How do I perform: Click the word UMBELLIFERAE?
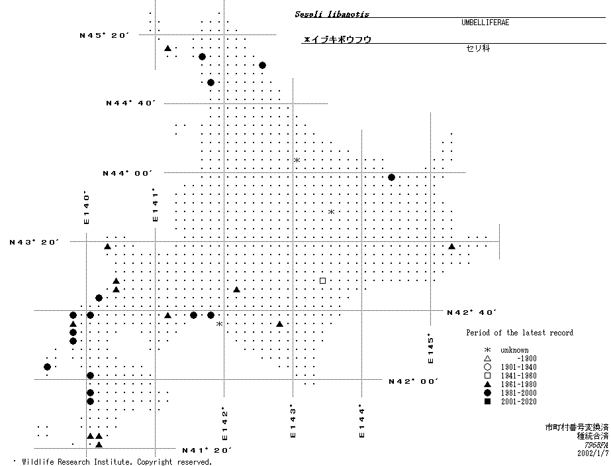tap(485, 23)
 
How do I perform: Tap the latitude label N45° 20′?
tap(104, 35)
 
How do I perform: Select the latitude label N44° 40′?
tap(131, 103)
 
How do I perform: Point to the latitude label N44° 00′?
tap(127, 173)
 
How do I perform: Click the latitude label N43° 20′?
tap(34, 242)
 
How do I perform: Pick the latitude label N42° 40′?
tap(471, 312)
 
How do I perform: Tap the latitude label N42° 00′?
tap(413, 381)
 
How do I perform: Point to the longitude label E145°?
tap(430, 349)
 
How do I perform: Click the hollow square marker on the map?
tap(322, 280)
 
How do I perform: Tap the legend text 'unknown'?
tap(514, 350)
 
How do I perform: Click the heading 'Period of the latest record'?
tap(519, 333)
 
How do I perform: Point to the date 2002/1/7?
tap(591, 454)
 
